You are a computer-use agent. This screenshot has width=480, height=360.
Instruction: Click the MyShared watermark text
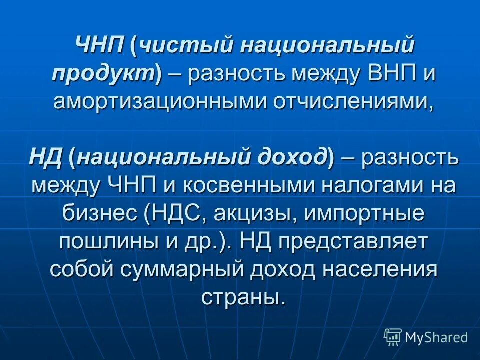(x=436, y=337)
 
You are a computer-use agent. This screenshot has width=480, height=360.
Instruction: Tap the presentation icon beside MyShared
(x=393, y=337)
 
